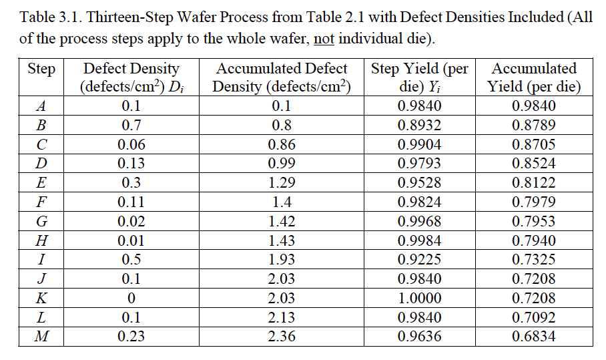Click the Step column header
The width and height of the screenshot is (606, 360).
(x=41, y=69)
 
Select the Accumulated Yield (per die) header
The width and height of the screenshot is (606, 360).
(x=533, y=77)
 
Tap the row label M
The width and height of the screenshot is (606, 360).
(x=41, y=337)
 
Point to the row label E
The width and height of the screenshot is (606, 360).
(x=41, y=182)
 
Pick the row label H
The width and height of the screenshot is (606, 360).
(x=41, y=240)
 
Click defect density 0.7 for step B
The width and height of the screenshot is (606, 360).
(x=131, y=125)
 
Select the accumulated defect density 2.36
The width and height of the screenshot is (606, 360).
(x=281, y=337)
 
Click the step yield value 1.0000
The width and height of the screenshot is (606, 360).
(x=418, y=298)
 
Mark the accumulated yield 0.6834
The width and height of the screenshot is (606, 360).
(x=533, y=337)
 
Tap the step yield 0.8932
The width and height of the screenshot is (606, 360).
(x=418, y=125)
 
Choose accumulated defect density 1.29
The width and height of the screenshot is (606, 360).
(x=281, y=182)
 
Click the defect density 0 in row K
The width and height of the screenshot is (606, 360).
(x=131, y=298)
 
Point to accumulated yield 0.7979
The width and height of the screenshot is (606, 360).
(x=533, y=202)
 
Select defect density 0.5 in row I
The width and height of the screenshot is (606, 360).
(x=131, y=260)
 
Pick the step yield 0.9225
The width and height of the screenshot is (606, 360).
(x=418, y=260)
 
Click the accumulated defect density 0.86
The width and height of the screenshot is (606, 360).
(x=281, y=144)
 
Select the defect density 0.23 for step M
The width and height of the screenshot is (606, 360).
(x=131, y=337)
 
